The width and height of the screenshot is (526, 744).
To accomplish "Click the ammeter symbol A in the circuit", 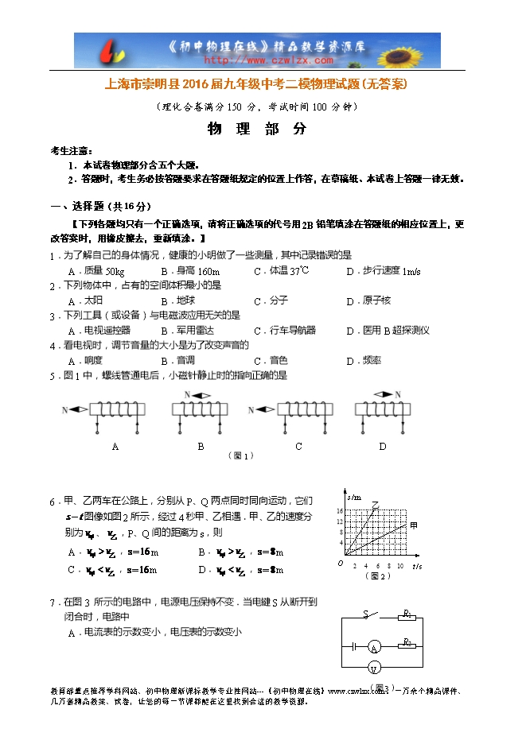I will (374, 649).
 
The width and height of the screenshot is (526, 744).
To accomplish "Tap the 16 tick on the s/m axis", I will (340, 511).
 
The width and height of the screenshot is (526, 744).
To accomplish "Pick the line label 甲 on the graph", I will (413, 525).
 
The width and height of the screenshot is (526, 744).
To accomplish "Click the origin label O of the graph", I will (340, 564).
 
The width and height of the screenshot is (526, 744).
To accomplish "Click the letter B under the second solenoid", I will (201, 447).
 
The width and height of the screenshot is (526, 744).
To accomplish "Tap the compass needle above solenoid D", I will (383, 393).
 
